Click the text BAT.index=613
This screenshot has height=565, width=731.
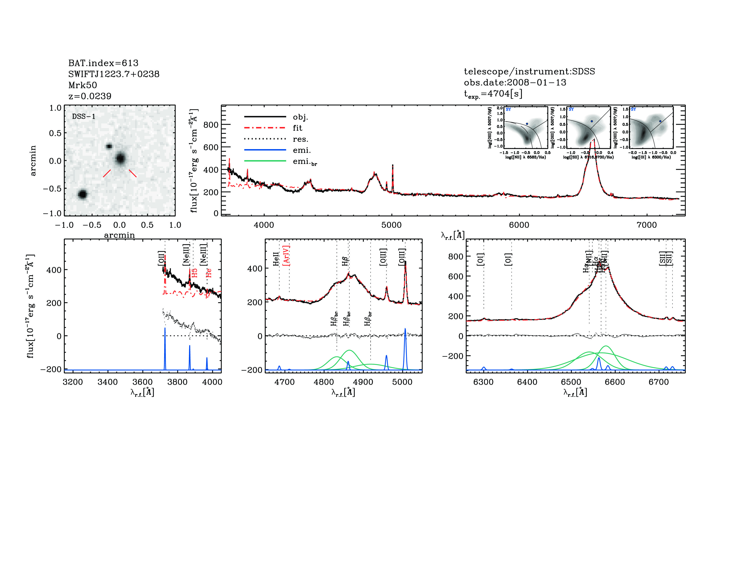(103, 63)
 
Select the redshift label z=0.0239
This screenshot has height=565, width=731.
(90, 96)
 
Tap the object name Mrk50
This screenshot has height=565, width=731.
(82, 85)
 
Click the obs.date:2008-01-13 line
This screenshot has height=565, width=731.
(515, 82)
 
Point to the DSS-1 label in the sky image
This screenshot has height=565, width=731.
(84, 117)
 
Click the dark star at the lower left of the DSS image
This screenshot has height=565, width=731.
(82, 194)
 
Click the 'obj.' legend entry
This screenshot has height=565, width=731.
(300, 117)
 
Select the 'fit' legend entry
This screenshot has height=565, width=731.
(297, 128)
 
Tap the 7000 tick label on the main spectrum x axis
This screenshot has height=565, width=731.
(647, 225)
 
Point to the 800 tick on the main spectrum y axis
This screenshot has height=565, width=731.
(211, 125)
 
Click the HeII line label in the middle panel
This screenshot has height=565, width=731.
(276, 259)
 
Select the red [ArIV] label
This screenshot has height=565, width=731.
(286, 255)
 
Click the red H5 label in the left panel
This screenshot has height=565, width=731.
(194, 273)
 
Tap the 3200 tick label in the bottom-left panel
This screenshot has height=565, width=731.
(73, 382)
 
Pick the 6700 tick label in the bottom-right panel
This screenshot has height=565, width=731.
(659, 382)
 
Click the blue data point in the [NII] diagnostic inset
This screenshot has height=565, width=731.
(527, 124)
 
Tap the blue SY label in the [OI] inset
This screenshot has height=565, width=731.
(633, 109)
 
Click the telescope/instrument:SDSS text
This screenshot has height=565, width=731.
(529, 71)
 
